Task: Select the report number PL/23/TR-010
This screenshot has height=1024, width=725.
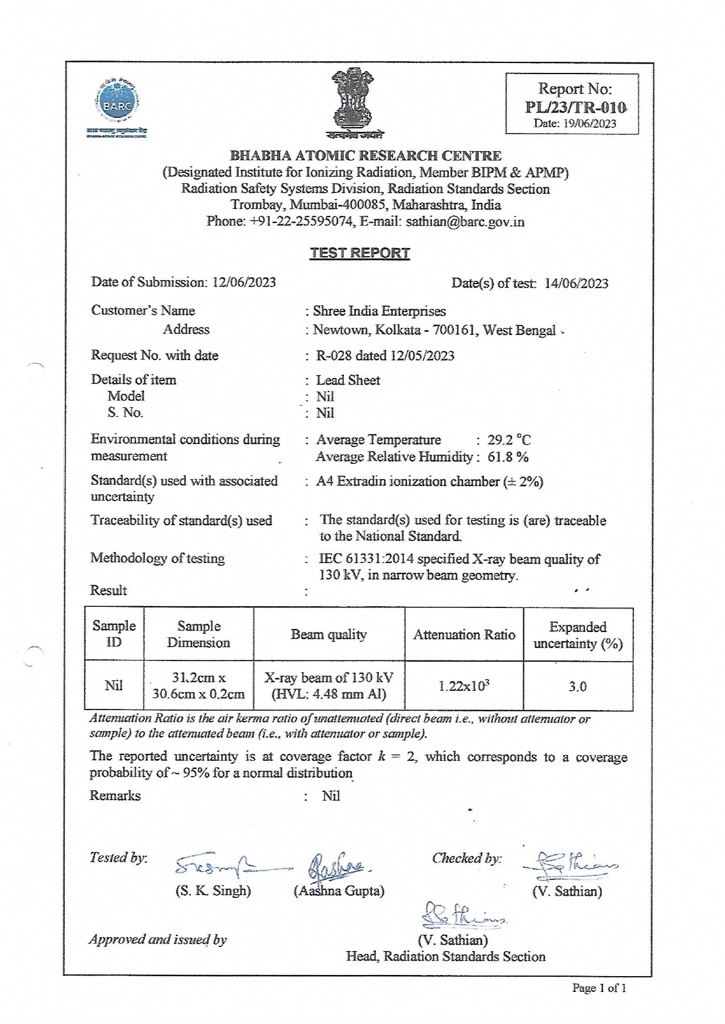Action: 575,107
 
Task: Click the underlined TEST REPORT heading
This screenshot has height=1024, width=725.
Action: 360,253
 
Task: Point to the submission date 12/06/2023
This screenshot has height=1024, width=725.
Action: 244,282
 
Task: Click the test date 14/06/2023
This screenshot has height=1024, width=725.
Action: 576,284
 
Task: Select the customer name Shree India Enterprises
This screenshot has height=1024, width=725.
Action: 379,311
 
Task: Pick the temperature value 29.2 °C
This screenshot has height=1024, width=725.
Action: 509,440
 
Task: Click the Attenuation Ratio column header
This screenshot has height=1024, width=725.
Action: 464,635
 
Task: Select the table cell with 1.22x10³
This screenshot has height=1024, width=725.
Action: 464,686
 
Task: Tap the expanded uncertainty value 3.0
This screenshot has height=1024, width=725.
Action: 577,687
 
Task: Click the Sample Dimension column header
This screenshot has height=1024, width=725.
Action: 198,634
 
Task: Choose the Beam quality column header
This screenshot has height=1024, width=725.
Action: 329,635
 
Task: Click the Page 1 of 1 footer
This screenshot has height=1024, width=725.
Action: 599,988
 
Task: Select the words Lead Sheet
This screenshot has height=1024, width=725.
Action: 348,380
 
